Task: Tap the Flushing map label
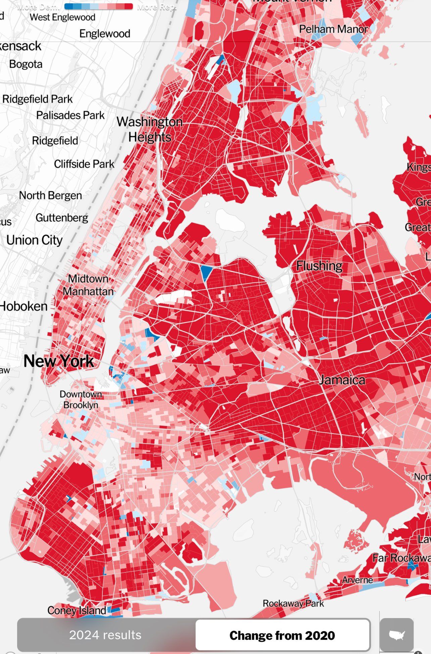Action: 319,266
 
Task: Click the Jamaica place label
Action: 342,380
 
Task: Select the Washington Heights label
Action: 150,129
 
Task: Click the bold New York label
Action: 59,361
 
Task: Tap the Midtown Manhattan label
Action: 88,285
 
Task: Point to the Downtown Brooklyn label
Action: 81,400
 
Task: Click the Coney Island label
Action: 77,610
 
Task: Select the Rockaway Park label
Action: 293,603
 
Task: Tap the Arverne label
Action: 357,580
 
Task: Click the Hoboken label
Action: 23,306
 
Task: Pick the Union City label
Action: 34,240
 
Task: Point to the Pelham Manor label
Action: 333,29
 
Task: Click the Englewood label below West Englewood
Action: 105,34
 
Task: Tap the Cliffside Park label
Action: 84,164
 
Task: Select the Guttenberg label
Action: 62,218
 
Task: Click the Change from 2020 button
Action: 282,636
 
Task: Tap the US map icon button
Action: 396,635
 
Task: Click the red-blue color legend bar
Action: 98,6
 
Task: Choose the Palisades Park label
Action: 70,115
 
